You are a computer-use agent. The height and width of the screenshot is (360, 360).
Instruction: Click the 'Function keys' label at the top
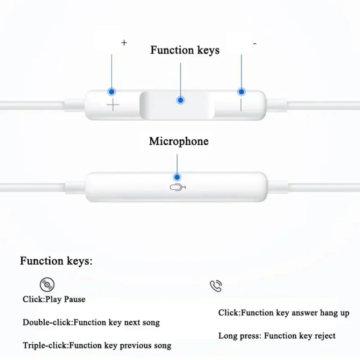[x=184, y=50]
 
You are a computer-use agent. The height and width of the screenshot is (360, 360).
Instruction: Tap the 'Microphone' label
[x=179, y=141]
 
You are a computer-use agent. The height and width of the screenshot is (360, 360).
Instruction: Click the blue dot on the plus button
[x=112, y=92]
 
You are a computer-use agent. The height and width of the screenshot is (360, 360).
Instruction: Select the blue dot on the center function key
[x=180, y=100]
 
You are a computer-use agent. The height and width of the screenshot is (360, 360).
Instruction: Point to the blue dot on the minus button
[x=242, y=92]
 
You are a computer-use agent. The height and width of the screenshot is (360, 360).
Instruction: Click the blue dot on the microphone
[x=177, y=177]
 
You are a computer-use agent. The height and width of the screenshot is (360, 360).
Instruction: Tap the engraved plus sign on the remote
[x=112, y=106]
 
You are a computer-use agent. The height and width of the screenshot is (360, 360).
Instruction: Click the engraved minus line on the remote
[x=241, y=105]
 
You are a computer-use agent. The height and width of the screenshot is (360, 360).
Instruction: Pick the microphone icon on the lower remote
[x=178, y=188]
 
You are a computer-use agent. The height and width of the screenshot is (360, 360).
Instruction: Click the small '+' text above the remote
[x=124, y=43]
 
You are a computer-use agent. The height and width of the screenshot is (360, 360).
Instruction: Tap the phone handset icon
[x=216, y=286]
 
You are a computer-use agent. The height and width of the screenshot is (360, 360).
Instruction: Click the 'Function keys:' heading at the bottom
[x=56, y=261]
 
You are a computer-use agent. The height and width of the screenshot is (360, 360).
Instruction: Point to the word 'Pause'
[x=74, y=299]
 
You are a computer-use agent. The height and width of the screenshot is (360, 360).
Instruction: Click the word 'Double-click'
[x=47, y=322]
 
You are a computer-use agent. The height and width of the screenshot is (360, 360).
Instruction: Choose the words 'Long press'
[x=238, y=336]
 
